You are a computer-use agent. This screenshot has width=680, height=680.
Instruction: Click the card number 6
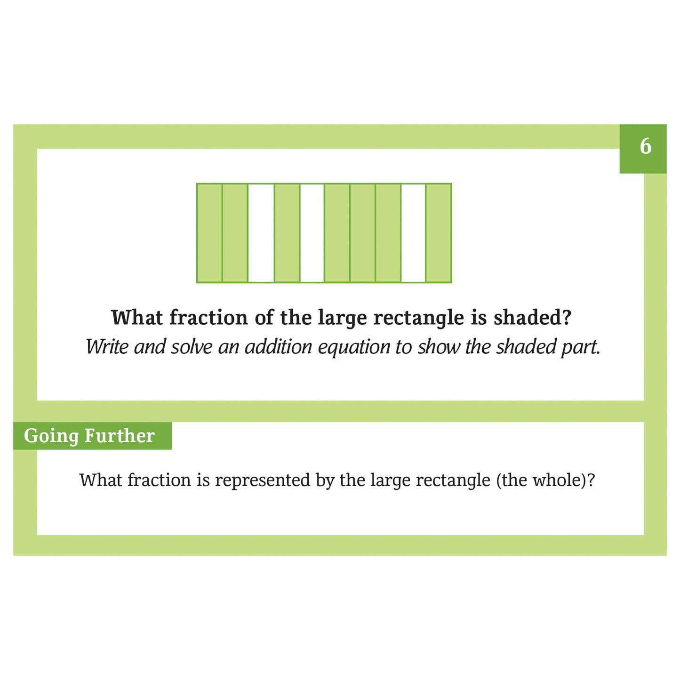(x=645, y=147)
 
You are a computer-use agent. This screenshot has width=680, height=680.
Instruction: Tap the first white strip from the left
(x=261, y=233)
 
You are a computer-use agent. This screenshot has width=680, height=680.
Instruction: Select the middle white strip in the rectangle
(x=312, y=233)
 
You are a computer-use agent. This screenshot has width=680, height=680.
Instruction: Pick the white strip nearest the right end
(x=413, y=233)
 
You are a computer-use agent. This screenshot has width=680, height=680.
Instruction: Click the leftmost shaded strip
(x=209, y=233)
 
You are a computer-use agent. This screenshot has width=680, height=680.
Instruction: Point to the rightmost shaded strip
(x=439, y=233)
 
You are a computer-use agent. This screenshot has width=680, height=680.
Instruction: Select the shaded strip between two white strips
(x=287, y=233)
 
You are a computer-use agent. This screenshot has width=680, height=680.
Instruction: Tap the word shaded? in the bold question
(x=532, y=318)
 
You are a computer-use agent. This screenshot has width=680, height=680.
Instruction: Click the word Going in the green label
(x=51, y=436)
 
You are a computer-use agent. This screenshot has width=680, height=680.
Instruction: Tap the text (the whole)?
(x=545, y=480)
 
